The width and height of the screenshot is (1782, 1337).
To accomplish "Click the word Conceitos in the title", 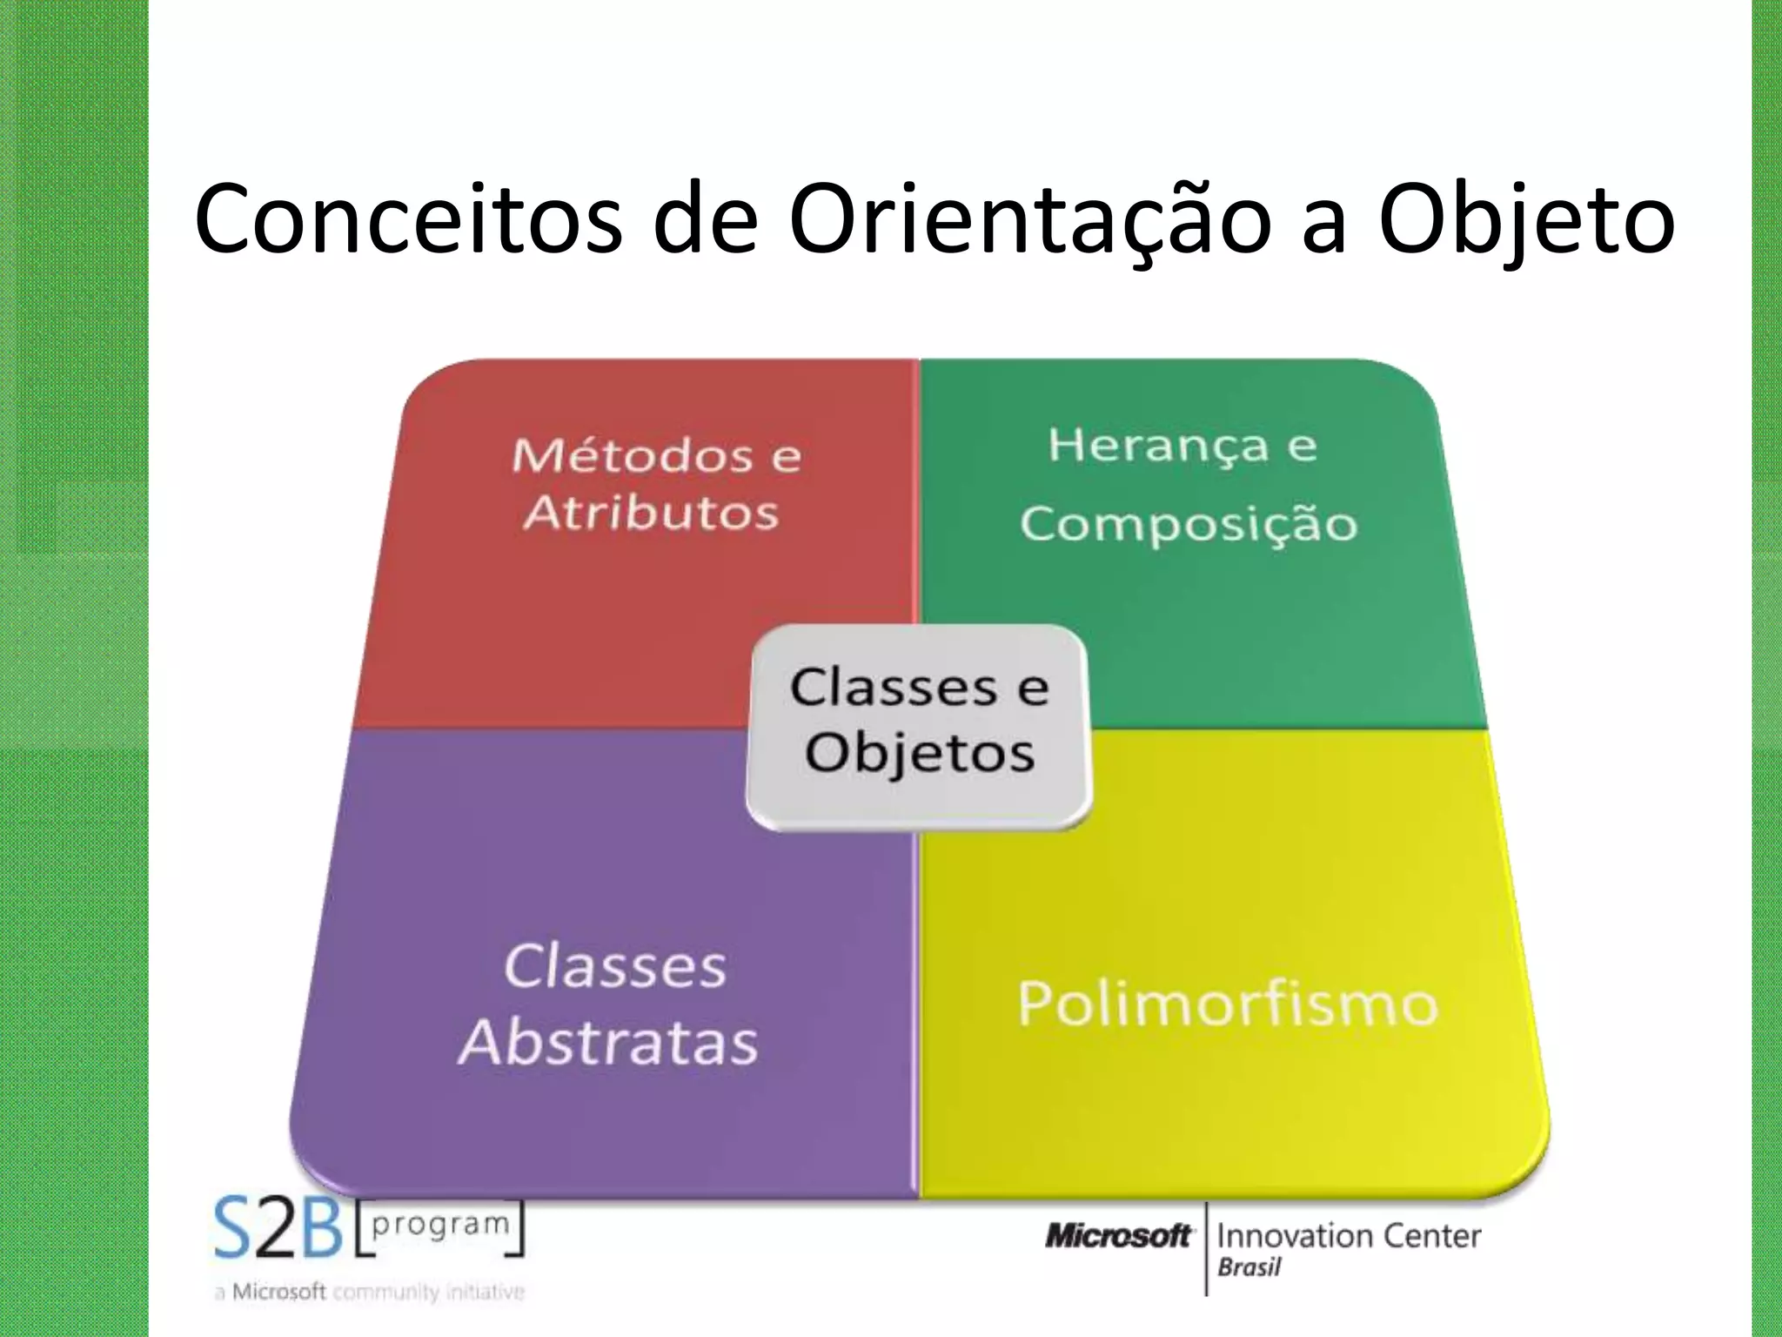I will point(408,219).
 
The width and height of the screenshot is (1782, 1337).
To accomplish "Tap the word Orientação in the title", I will point(1028,219).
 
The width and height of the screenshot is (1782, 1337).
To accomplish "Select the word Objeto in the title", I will point(1526,219).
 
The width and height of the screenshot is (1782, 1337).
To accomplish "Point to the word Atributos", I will point(651,512).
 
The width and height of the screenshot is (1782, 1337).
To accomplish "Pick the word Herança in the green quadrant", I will point(1158,445).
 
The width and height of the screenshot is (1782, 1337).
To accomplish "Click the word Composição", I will point(1189,524).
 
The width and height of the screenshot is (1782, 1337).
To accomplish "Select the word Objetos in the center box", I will point(919,752).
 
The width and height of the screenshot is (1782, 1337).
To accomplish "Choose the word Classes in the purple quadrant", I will point(614,966).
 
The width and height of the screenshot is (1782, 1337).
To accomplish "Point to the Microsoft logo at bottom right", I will point(1117,1236).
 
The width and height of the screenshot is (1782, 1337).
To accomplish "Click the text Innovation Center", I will point(1348,1236).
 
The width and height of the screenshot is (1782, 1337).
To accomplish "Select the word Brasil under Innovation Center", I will point(1249,1267).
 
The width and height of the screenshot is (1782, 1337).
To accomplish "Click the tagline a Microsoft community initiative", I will point(369,1292).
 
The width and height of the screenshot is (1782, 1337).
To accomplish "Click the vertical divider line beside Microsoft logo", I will point(1206,1249).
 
